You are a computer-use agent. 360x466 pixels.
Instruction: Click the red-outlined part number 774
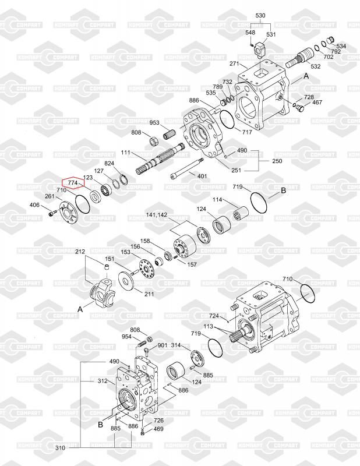pos(73,182)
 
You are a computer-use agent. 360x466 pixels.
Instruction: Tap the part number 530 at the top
pos(260,15)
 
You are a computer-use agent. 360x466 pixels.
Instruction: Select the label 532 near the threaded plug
pos(315,66)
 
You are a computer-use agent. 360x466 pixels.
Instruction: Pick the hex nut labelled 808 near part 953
pos(154,141)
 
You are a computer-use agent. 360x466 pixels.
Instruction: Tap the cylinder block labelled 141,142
pos(184,245)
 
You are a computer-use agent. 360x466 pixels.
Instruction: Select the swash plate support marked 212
pos(103,294)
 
